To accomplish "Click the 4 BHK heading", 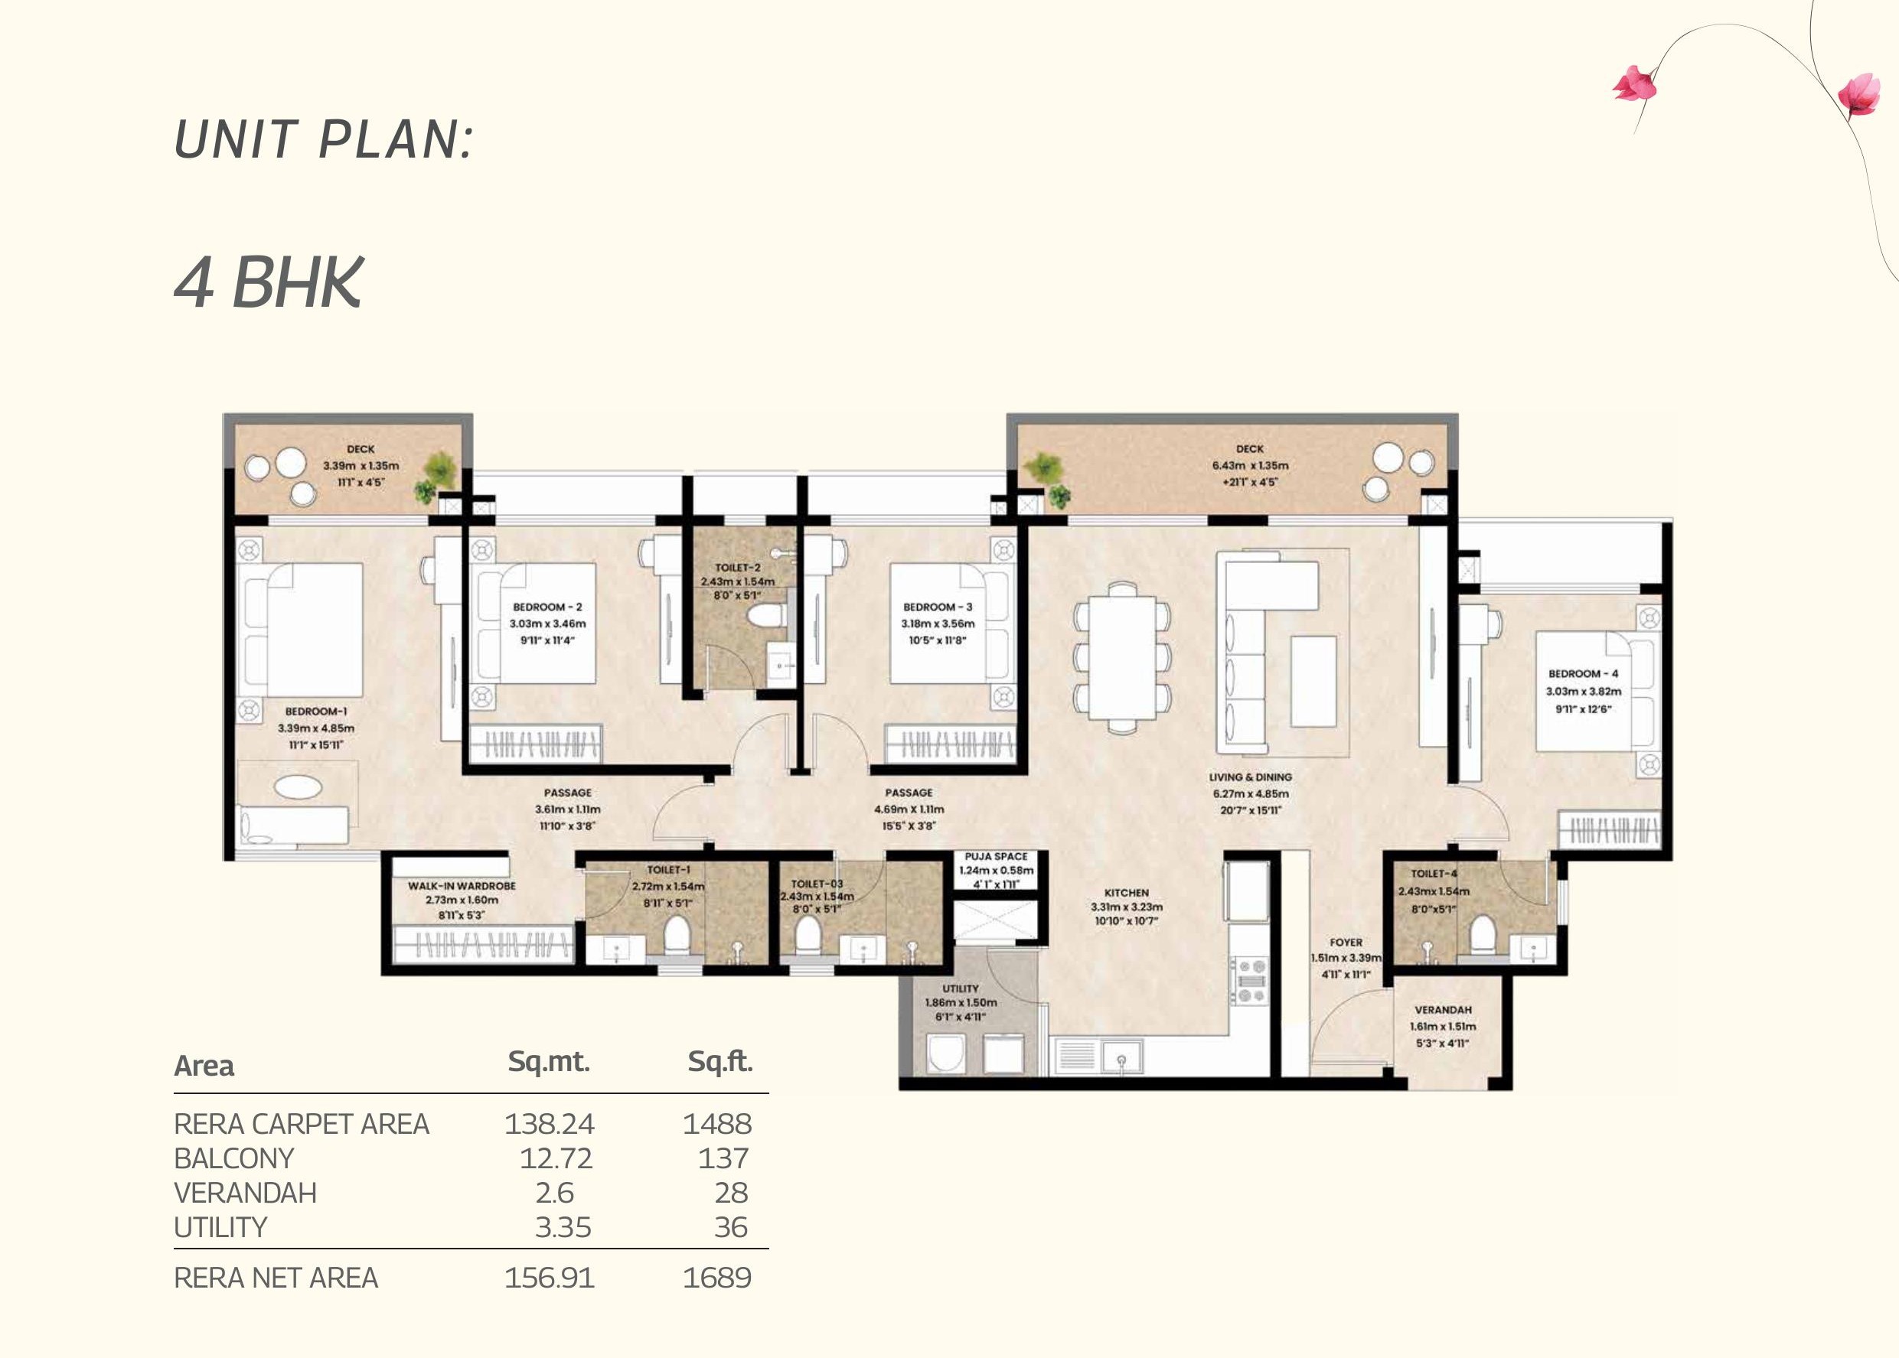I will coord(269,282).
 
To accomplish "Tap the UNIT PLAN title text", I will coord(324,138).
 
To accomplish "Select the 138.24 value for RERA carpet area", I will coord(549,1123).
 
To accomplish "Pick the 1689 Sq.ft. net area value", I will coord(717,1278).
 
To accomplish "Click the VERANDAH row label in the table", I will coord(245,1193).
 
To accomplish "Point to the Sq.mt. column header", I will coord(549,1061).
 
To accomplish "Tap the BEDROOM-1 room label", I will coord(315,712).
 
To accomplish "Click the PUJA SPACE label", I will coord(996,856).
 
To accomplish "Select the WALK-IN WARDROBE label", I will coord(462,885).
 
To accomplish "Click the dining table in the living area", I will coord(1122,657).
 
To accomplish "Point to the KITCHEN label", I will coord(1126,892).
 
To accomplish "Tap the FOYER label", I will coord(1345,942).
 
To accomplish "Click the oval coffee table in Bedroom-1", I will coord(298,786).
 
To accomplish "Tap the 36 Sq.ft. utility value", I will coord(730,1226).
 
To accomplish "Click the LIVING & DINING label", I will coord(1250,777).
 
